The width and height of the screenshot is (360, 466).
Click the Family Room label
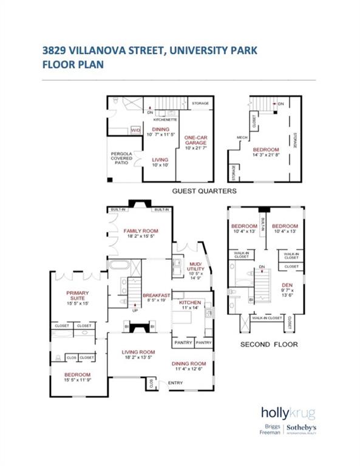(x=141, y=231)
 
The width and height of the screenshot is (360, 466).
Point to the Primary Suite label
(x=78, y=297)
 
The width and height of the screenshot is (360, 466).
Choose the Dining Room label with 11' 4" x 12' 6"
(x=191, y=363)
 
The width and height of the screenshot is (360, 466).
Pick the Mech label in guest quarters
(x=241, y=137)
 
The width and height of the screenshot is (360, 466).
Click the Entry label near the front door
(x=175, y=383)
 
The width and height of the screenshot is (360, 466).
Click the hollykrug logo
(x=288, y=412)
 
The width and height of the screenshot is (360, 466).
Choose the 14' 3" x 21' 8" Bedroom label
(x=266, y=150)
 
